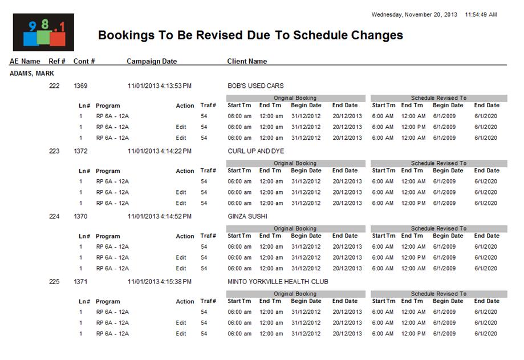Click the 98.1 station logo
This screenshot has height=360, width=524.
point(43,33)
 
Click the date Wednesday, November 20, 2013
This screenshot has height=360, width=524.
point(415,14)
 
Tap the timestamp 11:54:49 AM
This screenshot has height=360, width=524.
point(481,14)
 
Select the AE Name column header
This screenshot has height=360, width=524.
point(25,61)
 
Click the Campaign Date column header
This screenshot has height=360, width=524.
point(152,61)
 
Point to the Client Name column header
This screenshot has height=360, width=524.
point(247,61)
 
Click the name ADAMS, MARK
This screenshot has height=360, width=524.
point(32,74)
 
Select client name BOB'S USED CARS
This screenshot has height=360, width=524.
point(255,86)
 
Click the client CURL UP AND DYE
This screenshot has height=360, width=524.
point(255,151)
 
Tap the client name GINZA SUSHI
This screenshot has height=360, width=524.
point(247,217)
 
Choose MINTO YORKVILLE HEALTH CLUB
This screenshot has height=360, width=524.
point(278,282)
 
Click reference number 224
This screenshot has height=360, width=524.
point(54,217)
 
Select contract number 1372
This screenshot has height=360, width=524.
point(80,151)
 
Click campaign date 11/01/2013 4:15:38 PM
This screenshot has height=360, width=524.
point(160,282)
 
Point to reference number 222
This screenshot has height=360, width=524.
point(54,86)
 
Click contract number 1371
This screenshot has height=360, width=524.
point(80,282)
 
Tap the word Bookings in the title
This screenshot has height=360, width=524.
point(125,35)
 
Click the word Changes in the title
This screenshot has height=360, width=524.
point(377,35)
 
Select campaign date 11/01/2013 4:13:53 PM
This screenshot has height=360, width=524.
point(160,86)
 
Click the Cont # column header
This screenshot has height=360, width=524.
point(84,61)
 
